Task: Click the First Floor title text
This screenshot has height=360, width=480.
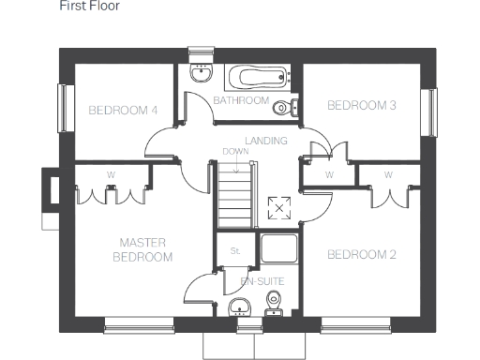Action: (x=89, y=6)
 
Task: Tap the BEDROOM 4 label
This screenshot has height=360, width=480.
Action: (x=123, y=111)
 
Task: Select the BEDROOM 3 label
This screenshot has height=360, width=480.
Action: (x=361, y=105)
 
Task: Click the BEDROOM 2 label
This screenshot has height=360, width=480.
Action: (x=361, y=254)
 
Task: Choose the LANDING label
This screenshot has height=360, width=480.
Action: (x=265, y=141)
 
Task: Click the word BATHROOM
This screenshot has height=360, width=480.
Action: (x=241, y=100)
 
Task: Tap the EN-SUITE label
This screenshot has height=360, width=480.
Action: (x=262, y=281)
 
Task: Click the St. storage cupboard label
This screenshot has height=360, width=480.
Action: (x=235, y=250)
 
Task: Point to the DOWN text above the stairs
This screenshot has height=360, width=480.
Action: (x=234, y=151)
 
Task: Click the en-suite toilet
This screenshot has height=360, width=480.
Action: (x=275, y=303)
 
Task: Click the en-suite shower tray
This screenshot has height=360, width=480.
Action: (x=278, y=248)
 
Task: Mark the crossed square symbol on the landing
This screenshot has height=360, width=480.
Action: (x=278, y=208)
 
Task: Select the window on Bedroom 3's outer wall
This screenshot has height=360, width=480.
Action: (x=432, y=112)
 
